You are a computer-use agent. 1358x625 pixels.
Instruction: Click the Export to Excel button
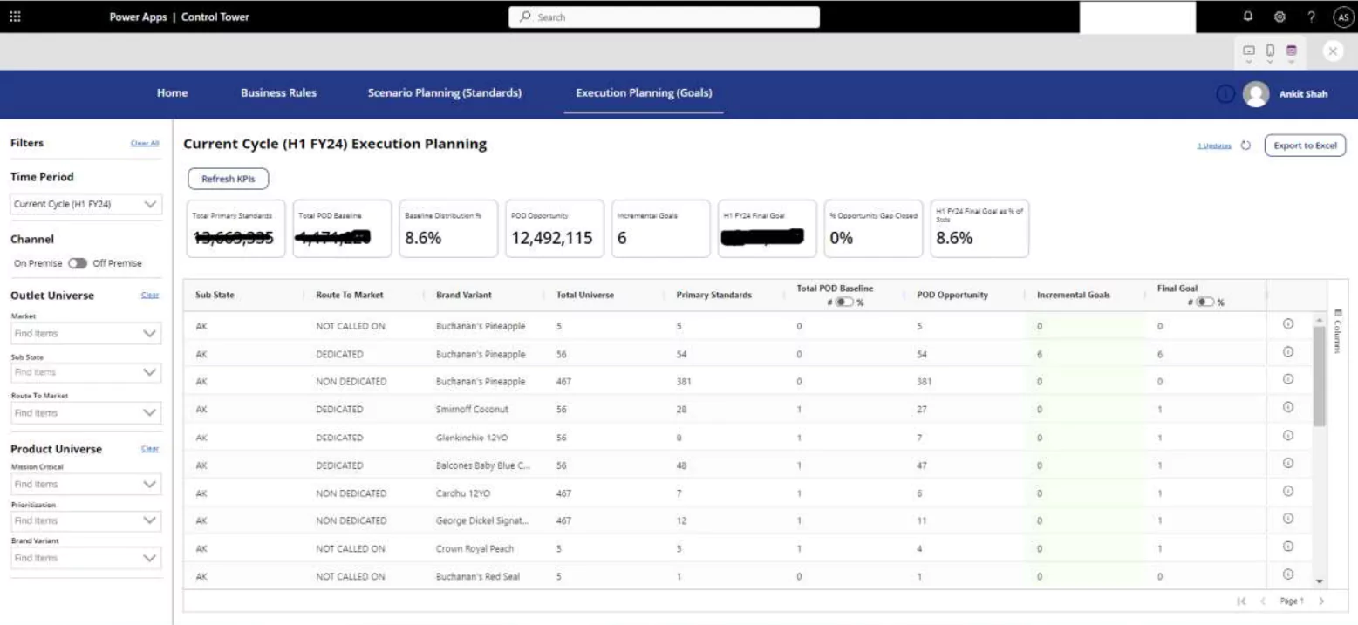tap(1305, 146)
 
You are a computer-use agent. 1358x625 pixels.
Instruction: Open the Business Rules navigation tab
tap(278, 93)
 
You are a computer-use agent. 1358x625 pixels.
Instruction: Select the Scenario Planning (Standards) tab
tap(445, 93)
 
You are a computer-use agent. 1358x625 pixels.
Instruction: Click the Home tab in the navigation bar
tap(172, 93)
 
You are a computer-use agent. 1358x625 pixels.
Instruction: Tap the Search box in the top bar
tap(664, 17)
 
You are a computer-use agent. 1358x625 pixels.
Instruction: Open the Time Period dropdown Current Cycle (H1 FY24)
tap(85, 205)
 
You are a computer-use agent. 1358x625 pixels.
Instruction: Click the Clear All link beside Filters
tap(144, 144)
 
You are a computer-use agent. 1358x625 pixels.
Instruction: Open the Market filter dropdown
tap(85, 333)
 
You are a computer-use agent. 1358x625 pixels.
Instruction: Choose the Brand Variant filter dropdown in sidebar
tap(85, 558)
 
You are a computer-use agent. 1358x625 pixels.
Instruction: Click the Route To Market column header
tap(350, 295)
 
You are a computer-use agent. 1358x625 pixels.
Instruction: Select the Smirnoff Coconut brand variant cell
tap(473, 408)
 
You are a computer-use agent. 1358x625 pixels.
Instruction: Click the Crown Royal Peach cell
tap(474, 549)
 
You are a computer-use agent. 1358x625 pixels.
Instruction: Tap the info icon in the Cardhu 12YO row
tap(1287, 493)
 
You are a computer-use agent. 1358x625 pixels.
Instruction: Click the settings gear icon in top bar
tap(1280, 17)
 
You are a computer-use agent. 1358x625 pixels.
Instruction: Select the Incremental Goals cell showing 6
tap(1040, 354)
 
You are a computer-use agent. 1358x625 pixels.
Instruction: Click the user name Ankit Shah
tap(1303, 94)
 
